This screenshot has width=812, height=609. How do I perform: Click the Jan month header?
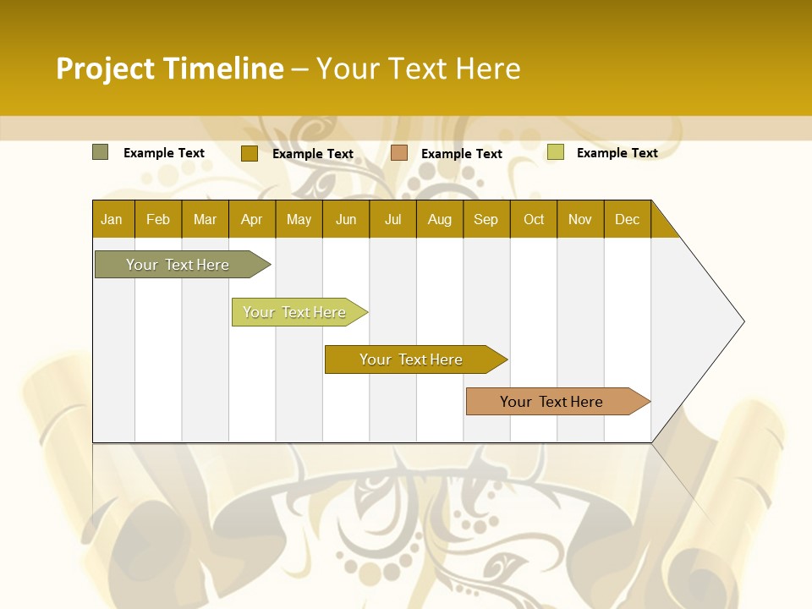(112, 219)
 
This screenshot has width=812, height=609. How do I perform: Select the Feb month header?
(158, 219)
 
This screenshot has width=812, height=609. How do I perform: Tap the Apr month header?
(252, 219)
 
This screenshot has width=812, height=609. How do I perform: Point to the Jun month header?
(346, 219)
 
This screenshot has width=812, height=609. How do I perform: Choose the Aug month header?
(440, 219)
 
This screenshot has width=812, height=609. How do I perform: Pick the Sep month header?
(486, 219)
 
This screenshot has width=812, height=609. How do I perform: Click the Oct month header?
(534, 219)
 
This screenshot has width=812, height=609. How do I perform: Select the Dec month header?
(628, 219)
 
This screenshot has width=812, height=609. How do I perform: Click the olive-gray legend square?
(101, 152)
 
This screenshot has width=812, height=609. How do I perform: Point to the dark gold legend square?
(249, 153)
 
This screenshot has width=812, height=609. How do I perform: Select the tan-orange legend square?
(399, 153)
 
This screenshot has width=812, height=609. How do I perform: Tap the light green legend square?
(556, 152)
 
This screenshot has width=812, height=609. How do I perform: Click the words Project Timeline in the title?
(169, 69)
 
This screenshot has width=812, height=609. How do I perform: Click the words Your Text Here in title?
(419, 69)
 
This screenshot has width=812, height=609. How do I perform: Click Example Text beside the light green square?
(617, 153)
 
